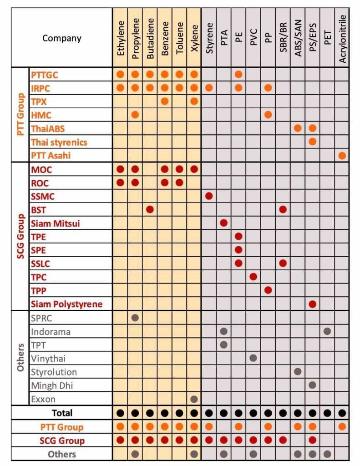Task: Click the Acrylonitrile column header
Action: click(x=343, y=37)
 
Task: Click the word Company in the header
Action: click(x=62, y=38)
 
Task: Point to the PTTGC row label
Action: click(x=45, y=74)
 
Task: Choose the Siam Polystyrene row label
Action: click(x=66, y=303)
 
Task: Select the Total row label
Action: click(x=62, y=413)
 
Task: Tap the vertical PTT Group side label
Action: click(x=20, y=115)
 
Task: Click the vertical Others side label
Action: click(x=20, y=358)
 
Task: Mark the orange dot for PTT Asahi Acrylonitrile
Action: click(x=342, y=156)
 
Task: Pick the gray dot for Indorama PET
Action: click(x=327, y=331)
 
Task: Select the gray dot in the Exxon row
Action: click(x=194, y=399)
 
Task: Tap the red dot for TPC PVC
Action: click(x=254, y=276)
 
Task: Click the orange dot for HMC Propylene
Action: click(x=135, y=115)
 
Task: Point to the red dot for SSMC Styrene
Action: click(x=209, y=196)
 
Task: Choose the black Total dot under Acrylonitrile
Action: click(x=342, y=413)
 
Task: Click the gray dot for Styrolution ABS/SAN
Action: click(x=298, y=371)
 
